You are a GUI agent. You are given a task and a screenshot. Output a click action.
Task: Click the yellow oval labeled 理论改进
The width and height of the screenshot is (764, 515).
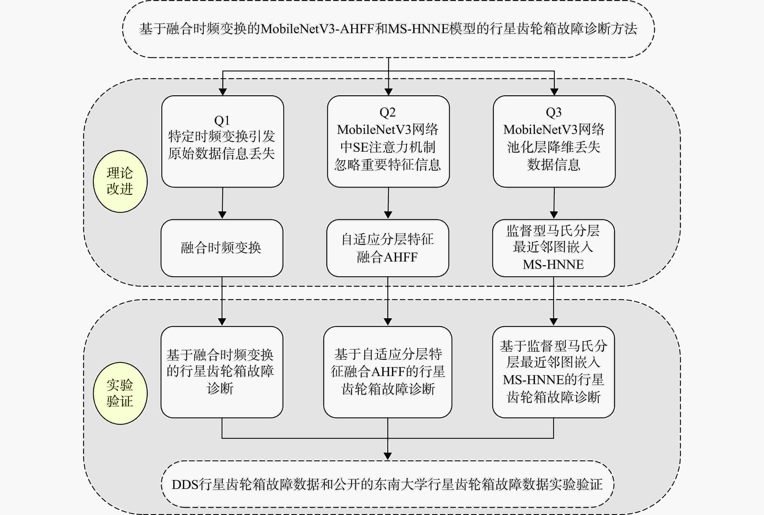tap(120, 181)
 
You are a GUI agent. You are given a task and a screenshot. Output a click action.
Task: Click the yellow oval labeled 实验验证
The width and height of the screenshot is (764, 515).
tap(120, 393)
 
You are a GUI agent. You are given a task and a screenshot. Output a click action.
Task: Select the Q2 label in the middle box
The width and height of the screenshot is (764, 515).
tap(387, 112)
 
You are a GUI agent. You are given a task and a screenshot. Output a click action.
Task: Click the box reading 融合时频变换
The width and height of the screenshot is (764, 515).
tap(222, 248)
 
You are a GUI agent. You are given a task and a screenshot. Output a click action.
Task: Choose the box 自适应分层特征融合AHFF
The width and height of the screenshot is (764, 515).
tap(388, 248)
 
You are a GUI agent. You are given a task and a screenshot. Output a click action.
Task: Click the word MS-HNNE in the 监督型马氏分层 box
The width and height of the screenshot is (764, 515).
tap(553, 264)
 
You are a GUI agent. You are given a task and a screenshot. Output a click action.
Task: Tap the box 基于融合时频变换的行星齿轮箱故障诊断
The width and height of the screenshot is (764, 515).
tap(222, 372)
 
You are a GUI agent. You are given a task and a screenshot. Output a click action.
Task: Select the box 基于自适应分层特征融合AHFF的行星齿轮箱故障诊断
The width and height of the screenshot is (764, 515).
tap(388, 372)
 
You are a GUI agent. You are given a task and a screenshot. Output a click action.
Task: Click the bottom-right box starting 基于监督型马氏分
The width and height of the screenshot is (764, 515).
tap(553, 372)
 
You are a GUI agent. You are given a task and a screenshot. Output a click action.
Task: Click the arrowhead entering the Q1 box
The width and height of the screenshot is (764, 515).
tap(223, 92)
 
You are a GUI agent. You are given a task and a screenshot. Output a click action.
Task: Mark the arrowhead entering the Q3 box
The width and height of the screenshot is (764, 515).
tap(554, 92)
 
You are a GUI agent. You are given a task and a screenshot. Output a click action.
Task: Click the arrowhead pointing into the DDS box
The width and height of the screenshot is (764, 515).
tap(388, 456)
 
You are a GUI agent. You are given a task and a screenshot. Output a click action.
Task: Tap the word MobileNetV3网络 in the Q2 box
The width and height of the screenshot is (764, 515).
tap(387, 130)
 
